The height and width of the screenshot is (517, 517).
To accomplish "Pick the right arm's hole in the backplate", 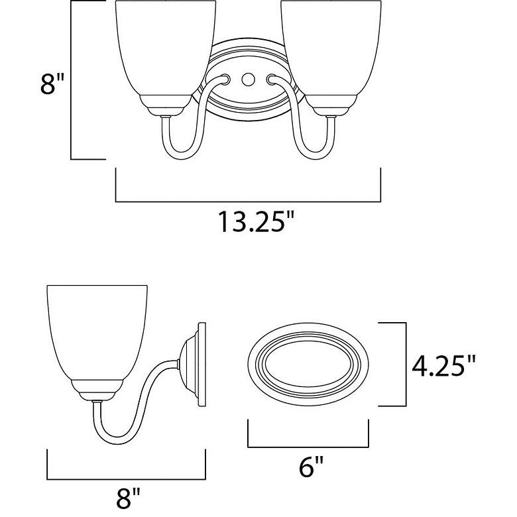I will [270, 79].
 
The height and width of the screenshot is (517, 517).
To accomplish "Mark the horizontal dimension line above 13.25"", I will [248, 200].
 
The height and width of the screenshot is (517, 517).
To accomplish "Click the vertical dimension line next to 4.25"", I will [404, 364].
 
